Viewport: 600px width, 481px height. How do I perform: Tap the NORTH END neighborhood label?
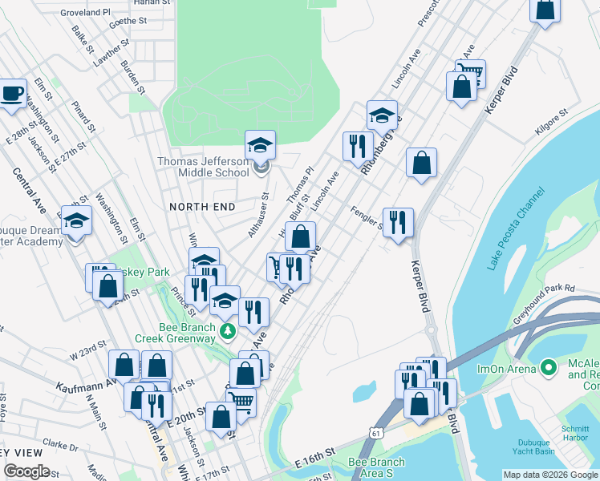tap(202, 207)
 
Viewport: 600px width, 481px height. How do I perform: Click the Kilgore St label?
tap(550, 122)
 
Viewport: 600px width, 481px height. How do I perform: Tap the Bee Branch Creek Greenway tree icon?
tap(229, 329)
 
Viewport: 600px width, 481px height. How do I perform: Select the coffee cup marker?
tap(11, 91)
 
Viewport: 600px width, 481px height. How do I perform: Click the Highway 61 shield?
tap(376, 434)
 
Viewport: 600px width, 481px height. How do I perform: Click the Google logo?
tap(26, 471)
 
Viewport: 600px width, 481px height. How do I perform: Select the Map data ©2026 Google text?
tap(549, 475)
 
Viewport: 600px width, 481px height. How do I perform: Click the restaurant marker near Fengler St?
tap(398, 221)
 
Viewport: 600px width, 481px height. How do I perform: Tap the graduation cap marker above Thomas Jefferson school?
tap(260, 144)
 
